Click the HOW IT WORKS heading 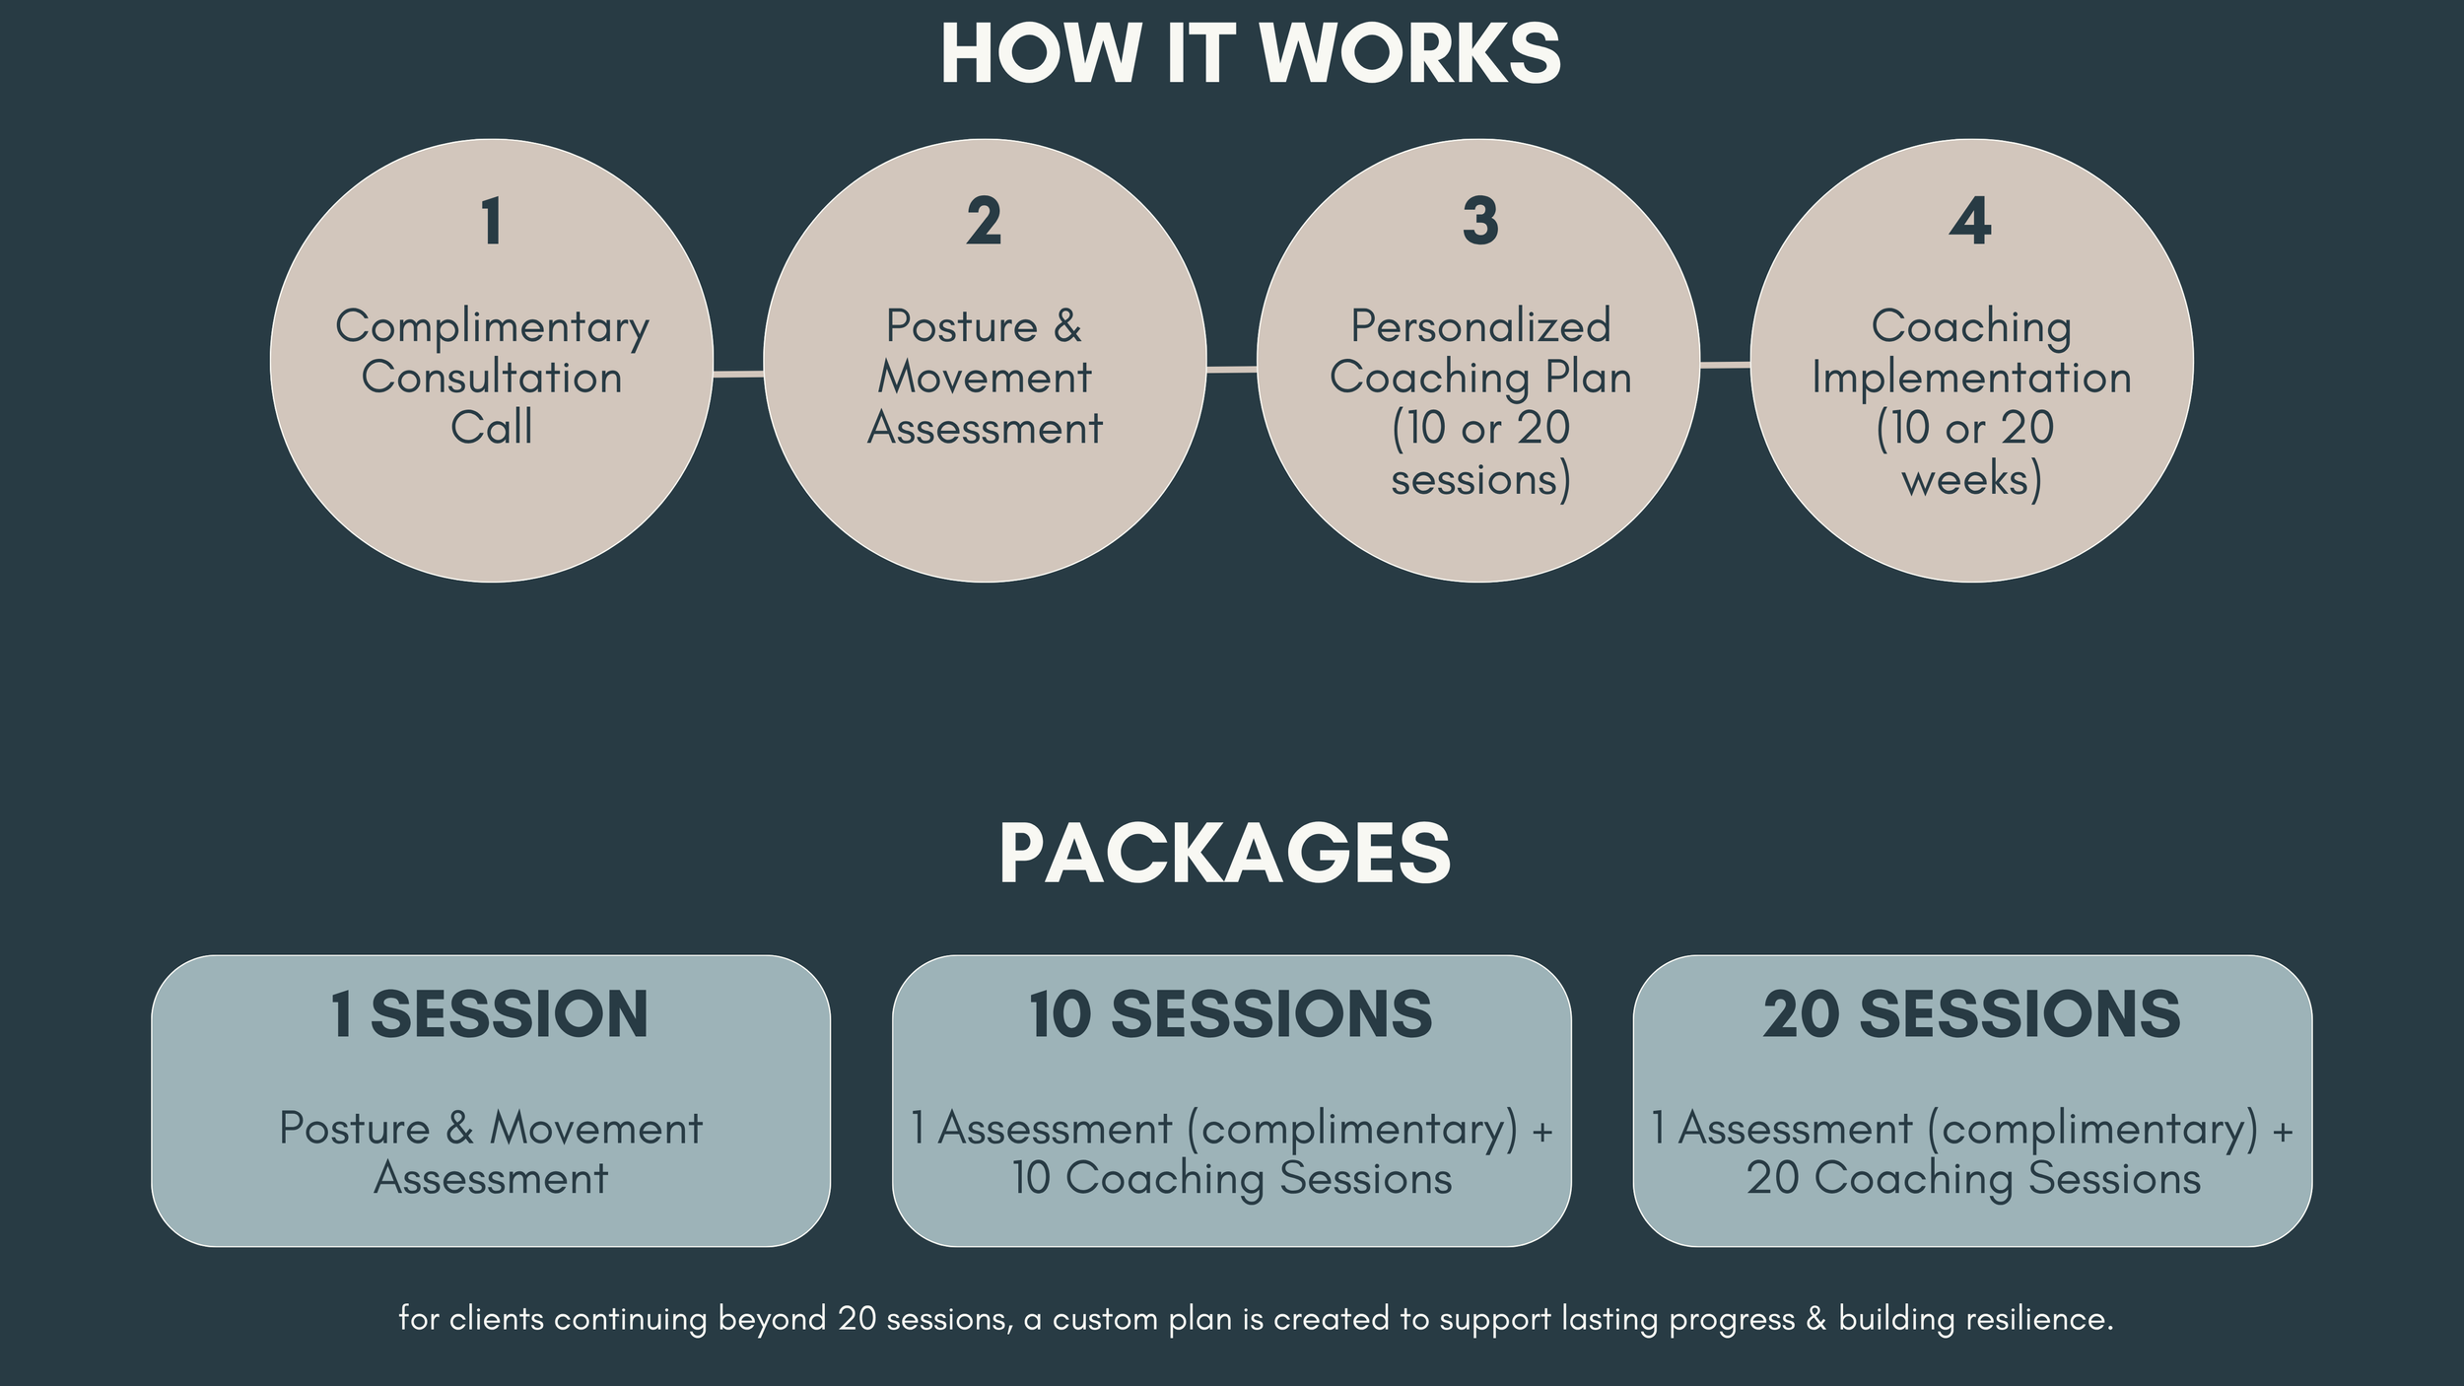click(x=1251, y=53)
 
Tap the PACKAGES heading click(x=1225, y=854)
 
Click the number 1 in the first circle click(x=491, y=221)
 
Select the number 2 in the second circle click(x=984, y=221)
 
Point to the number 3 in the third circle click(x=1479, y=221)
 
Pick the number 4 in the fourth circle click(x=1970, y=221)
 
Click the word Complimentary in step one click(x=492, y=327)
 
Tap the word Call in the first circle click(x=491, y=428)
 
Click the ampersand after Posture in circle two click(x=1067, y=326)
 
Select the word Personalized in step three click(x=1480, y=326)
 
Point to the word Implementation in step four click(x=1971, y=378)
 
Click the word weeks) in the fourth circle click(x=1971, y=480)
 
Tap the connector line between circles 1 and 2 click(x=738, y=374)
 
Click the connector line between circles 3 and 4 click(x=1725, y=365)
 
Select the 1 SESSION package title click(x=490, y=1015)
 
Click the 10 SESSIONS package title click(x=1231, y=1015)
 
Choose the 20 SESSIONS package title click(x=1972, y=1015)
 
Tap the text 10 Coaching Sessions click(x=1232, y=1179)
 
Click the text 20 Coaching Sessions click(x=1973, y=1179)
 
